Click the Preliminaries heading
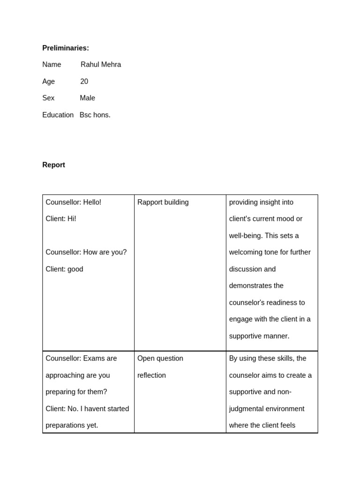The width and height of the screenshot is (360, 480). (x=65, y=48)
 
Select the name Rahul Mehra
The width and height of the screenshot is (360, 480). (x=101, y=65)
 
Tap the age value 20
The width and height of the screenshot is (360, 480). (x=84, y=82)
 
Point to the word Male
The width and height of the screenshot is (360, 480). (x=87, y=98)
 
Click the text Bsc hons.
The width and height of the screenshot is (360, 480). (x=95, y=115)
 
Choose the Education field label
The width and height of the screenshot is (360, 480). (x=58, y=115)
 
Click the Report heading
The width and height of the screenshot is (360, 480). (x=53, y=165)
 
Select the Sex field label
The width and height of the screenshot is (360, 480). (x=48, y=98)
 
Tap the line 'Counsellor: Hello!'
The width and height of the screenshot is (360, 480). (x=73, y=202)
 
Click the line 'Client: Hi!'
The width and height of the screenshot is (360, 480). (x=60, y=219)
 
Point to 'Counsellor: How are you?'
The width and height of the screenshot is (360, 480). (x=86, y=252)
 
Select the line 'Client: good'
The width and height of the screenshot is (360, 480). (x=64, y=269)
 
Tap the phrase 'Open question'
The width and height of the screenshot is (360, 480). (x=160, y=359)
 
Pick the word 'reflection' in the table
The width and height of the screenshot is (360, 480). (x=151, y=375)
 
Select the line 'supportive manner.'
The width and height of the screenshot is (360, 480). (x=259, y=336)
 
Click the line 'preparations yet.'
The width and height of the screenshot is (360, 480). (x=72, y=426)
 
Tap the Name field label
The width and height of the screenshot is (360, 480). (x=52, y=65)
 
